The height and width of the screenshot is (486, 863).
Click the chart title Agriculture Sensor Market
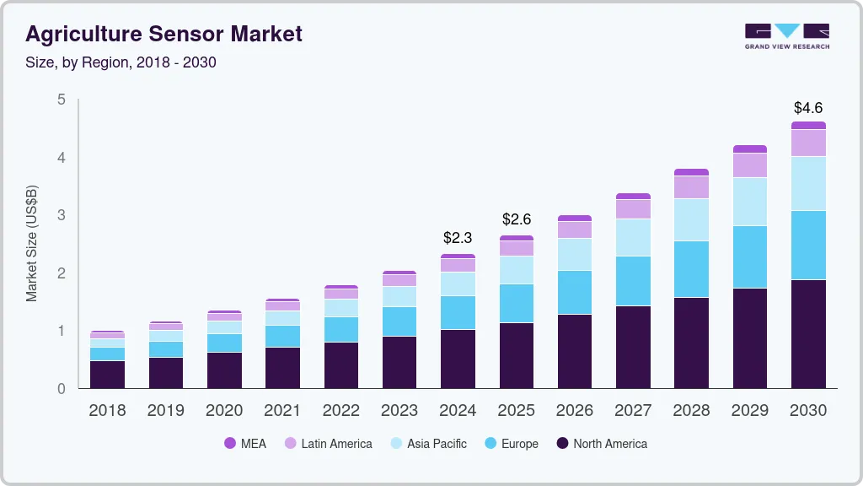pos(163,34)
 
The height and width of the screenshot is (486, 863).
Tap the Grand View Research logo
pos(786,35)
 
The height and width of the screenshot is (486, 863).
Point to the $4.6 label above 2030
pos(807,108)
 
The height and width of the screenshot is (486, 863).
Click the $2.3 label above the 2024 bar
pos(458,240)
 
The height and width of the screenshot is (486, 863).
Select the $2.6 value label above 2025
pos(516,219)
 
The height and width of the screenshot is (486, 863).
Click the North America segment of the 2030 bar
pos(808,333)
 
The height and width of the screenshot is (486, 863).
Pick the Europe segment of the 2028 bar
pos(691,269)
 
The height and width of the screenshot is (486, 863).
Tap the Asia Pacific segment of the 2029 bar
pos(749,201)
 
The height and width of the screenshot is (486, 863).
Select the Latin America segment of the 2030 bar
pos(808,143)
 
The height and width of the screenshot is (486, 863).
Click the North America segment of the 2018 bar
pos(107,375)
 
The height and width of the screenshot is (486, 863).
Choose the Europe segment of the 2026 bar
pos(574,292)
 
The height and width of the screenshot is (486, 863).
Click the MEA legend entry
pos(245,443)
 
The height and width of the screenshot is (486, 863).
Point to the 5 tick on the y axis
pos(61,100)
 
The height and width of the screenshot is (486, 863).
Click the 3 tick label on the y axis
pos(61,215)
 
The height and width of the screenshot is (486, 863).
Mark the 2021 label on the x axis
pos(282,410)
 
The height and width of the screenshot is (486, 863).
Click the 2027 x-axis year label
pos(633,410)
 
